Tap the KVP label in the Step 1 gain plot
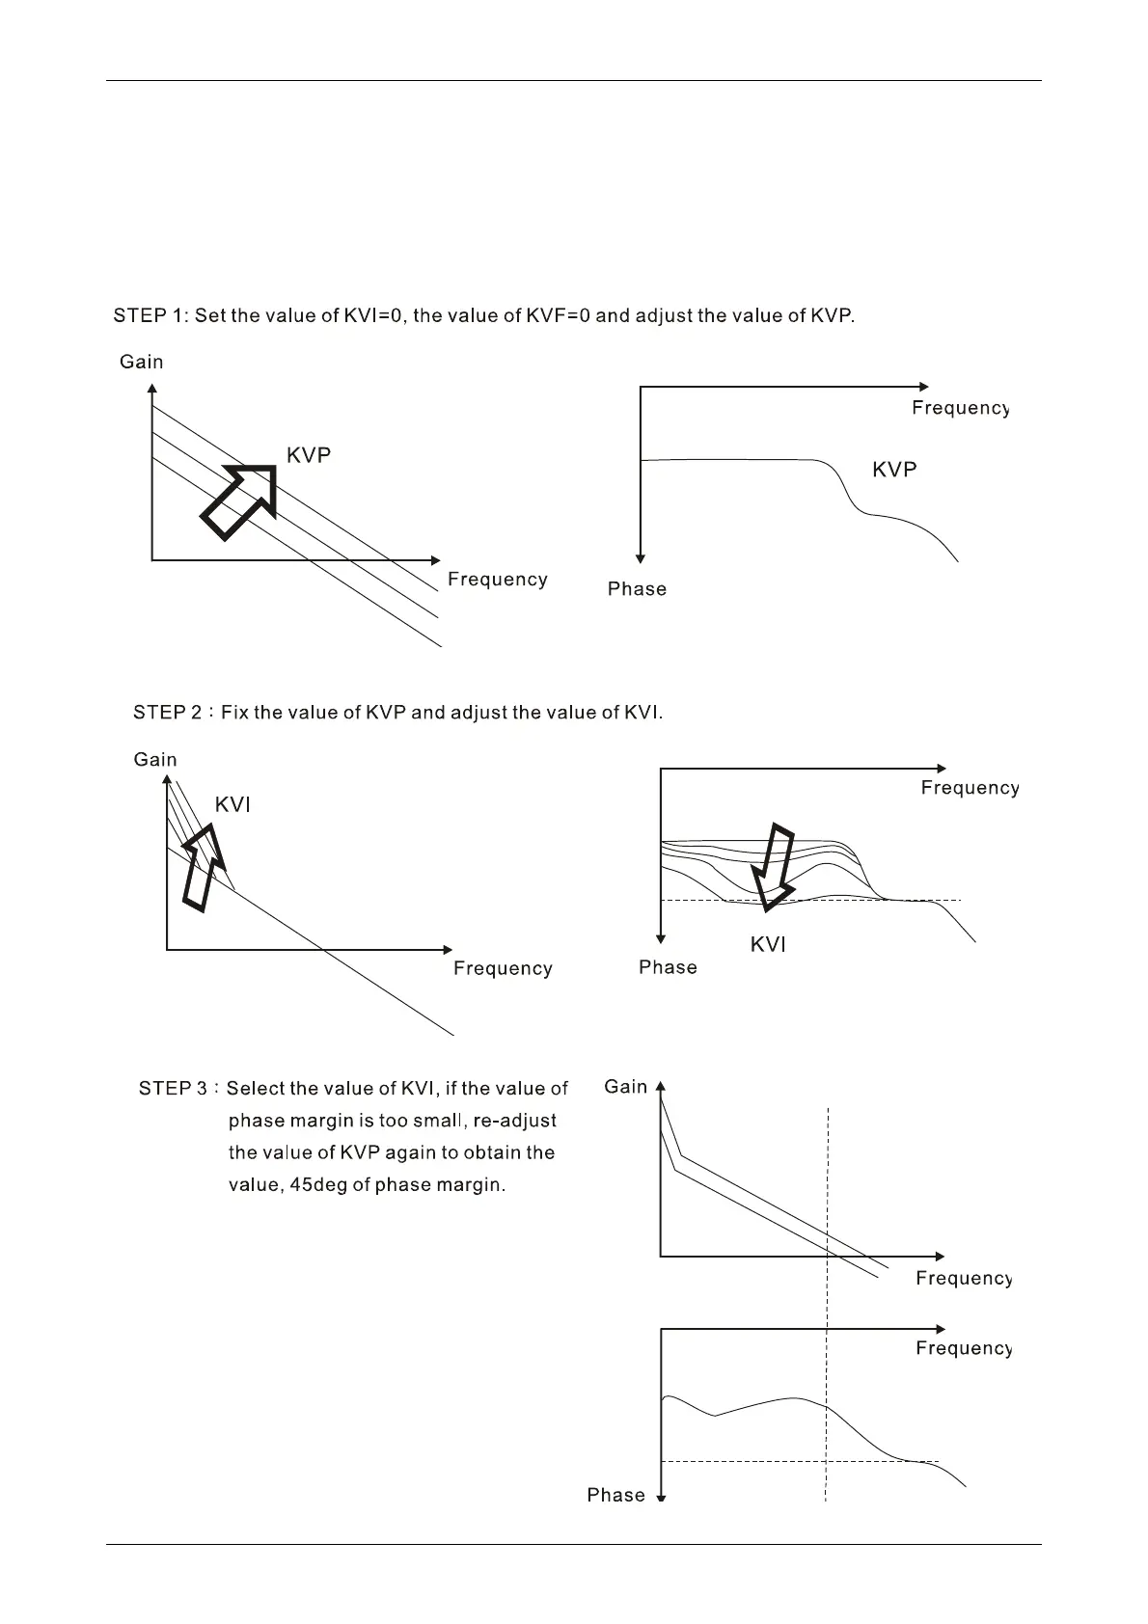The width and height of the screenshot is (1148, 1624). click(x=309, y=456)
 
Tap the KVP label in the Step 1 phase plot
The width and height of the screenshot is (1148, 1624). click(x=894, y=470)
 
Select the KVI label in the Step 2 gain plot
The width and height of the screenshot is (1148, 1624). click(x=232, y=805)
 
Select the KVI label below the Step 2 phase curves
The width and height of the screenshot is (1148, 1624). click(x=768, y=945)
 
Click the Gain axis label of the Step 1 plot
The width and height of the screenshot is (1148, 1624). click(x=142, y=362)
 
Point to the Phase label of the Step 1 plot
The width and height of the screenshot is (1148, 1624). click(x=637, y=589)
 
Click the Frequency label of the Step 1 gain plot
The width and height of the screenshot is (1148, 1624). click(x=498, y=580)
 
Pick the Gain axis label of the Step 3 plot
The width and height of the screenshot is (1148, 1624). click(x=626, y=1087)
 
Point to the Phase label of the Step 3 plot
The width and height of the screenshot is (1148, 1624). click(x=616, y=1495)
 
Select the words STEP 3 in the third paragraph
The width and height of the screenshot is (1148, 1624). click(x=174, y=1089)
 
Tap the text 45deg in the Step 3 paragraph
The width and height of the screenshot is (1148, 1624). click(x=316, y=1184)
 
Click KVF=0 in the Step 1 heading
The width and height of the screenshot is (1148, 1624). click(x=550, y=315)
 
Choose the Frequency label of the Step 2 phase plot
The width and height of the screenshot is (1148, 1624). click(x=970, y=788)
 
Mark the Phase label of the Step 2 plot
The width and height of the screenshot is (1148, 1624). click(x=668, y=967)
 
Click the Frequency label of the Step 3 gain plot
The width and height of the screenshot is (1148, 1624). click(x=964, y=1279)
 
